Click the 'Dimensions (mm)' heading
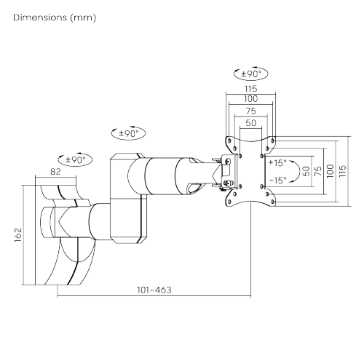click(55, 18)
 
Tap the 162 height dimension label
click(18, 235)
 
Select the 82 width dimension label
click(55, 172)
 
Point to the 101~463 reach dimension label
click(154, 290)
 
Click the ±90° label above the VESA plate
click(251, 74)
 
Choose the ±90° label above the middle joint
click(129, 133)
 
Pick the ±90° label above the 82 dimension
click(76, 159)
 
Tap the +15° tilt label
click(277, 163)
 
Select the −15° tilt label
click(278, 181)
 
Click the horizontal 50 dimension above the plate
click(251, 123)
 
